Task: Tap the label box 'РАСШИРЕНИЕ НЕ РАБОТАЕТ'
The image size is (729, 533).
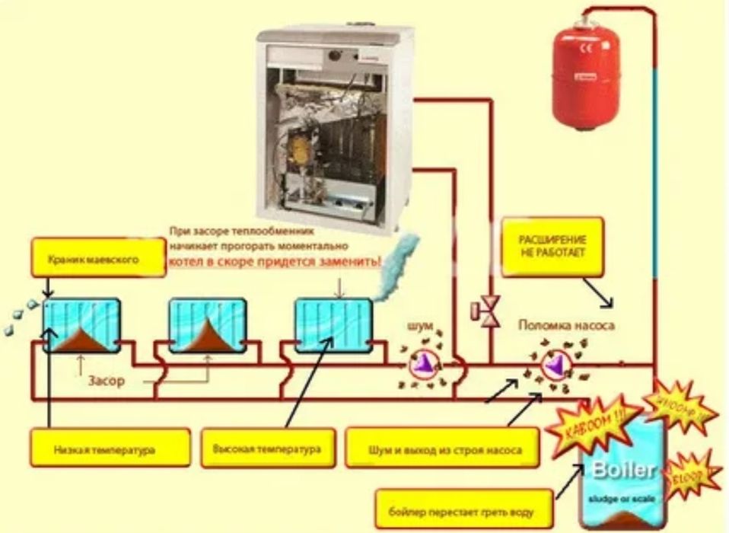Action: point(553,247)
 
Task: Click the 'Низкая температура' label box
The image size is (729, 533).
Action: point(110,450)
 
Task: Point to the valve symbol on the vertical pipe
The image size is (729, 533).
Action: point(485,309)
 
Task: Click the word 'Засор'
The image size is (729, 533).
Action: point(103,380)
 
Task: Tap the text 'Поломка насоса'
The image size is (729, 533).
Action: point(566,325)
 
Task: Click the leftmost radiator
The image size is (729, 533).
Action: point(81,325)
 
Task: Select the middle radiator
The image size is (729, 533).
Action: point(207,325)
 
